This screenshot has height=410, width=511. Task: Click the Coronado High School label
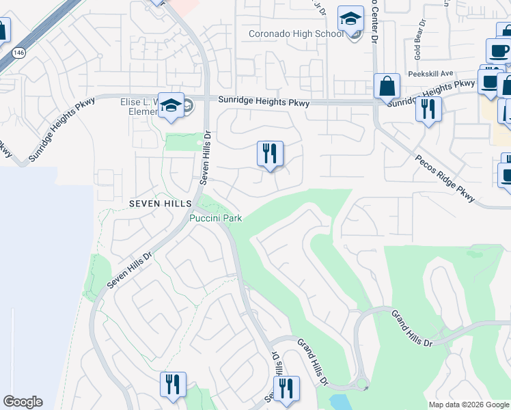(296, 33)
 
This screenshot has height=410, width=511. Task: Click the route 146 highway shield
(18, 52)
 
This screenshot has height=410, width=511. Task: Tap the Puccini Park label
(215, 218)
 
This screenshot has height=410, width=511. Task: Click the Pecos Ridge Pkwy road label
(444, 177)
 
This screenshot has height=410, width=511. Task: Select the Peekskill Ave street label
(430, 74)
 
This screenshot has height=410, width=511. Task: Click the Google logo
(23, 402)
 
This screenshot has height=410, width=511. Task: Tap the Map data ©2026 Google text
(469, 405)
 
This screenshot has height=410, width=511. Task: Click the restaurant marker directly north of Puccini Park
(270, 154)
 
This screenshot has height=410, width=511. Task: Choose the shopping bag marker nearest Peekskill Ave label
(387, 87)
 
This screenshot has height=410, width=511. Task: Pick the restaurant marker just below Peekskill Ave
(428, 109)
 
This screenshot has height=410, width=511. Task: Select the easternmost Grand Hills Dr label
(413, 327)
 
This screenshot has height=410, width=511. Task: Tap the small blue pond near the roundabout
(337, 401)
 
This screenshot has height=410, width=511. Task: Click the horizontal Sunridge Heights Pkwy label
(264, 102)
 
